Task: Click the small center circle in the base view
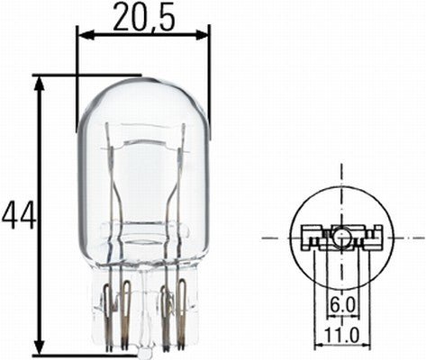[x=342, y=238]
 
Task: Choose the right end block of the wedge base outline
[x=378, y=238]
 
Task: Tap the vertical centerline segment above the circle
[x=342, y=175]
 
